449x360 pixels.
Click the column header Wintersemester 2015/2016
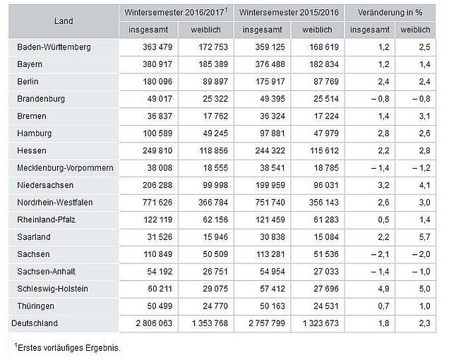[x=289, y=13]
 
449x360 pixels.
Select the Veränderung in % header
[x=390, y=13]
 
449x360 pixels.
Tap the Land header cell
[x=64, y=21]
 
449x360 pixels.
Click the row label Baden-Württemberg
[x=54, y=47]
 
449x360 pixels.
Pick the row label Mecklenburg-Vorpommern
[x=65, y=168]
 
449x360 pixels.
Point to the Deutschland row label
[x=35, y=323]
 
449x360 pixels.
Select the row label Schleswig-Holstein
[x=52, y=289]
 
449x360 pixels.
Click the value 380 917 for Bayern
[x=157, y=64]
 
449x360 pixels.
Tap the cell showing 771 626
[x=157, y=203]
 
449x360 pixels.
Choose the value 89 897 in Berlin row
[x=215, y=82]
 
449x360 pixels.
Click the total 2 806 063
[x=154, y=323]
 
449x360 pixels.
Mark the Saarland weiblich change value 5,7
[x=425, y=237]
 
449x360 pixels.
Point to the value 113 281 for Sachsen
[x=270, y=254]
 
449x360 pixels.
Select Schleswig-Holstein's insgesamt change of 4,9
[x=384, y=289]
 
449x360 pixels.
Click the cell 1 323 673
[x=321, y=323]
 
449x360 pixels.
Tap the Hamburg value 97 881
[x=273, y=133]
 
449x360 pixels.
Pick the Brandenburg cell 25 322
[x=215, y=99]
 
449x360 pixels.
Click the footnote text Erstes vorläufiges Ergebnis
[x=69, y=348]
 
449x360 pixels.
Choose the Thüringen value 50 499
[x=160, y=306]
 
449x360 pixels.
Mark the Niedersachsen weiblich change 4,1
[x=425, y=186]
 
